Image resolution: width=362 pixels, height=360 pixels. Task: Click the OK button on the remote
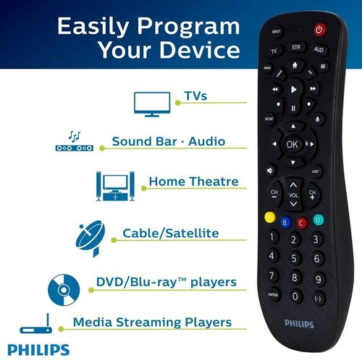click(x=292, y=143)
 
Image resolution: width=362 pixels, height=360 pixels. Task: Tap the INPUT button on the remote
click(x=276, y=32)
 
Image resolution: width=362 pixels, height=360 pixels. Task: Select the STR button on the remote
click(x=295, y=48)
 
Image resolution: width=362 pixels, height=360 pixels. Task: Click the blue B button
click(x=285, y=222)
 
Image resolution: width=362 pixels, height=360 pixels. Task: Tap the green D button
click(x=318, y=219)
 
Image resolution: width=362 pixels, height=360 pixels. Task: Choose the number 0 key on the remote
click(x=295, y=296)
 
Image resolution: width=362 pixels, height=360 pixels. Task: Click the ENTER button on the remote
click(x=273, y=295)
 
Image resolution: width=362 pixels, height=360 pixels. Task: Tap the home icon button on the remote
click(x=294, y=64)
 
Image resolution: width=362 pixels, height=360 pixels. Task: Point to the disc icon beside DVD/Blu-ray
click(x=62, y=288)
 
